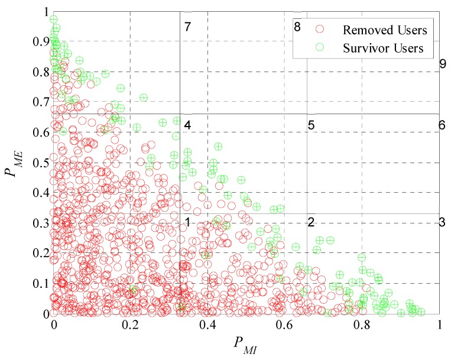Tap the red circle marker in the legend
(321, 28)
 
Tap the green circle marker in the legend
(321, 48)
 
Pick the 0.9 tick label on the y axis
(41, 41)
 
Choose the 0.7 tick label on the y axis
(41, 102)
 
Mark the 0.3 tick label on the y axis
(41, 223)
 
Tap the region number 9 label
(442, 64)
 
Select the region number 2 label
(310, 222)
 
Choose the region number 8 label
(297, 27)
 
